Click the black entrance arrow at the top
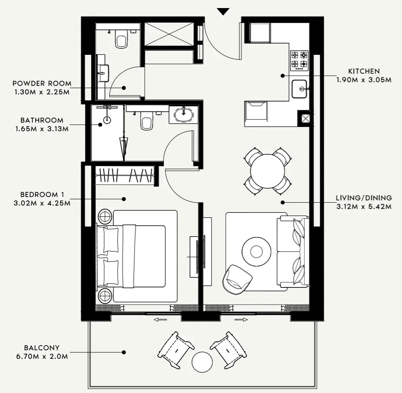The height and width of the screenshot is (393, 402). click(x=223, y=11)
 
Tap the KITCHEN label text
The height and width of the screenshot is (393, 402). click(x=364, y=71)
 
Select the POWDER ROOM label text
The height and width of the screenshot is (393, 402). click(x=42, y=83)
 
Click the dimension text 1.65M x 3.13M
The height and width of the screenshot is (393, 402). click(x=42, y=129)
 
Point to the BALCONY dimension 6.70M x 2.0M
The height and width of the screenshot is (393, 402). click(x=42, y=356)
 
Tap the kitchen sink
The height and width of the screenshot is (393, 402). click(x=300, y=89)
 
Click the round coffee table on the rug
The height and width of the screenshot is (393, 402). click(x=256, y=252)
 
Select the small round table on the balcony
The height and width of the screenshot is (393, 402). click(x=202, y=362)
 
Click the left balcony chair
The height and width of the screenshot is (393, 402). click(x=175, y=349)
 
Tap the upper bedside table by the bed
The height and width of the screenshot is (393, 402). click(x=105, y=217)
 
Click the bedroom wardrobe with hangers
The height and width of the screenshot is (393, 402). click(x=125, y=176)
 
